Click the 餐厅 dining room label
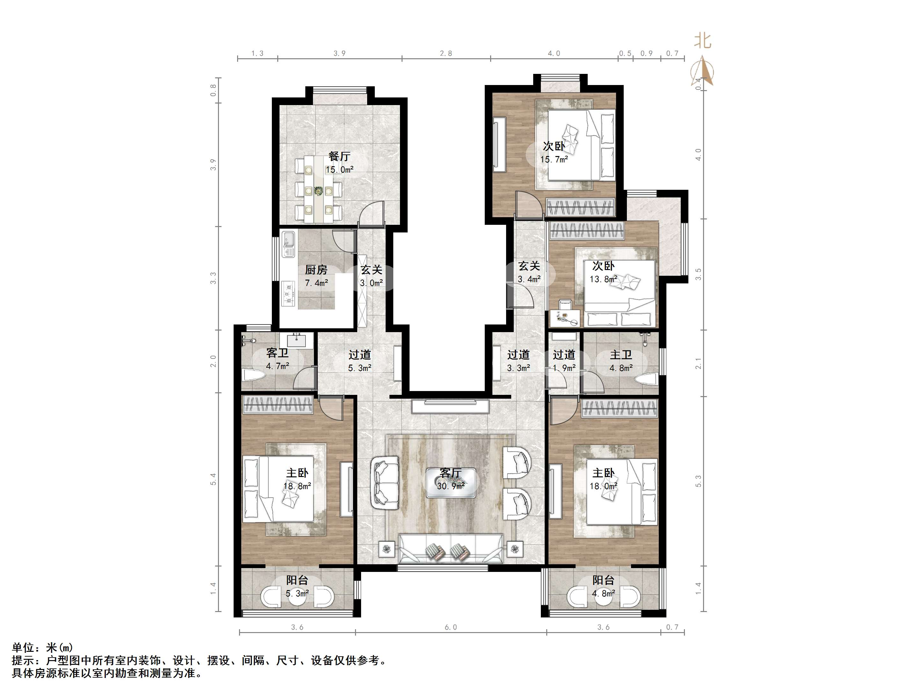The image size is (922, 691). tap(339, 156)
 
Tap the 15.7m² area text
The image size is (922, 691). tap(554, 160)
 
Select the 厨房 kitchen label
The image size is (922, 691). tap(316, 270)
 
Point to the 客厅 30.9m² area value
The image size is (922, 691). tap(451, 486)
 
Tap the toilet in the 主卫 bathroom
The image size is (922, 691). tap(647, 380)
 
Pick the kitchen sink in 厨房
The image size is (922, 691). tap(288, 244)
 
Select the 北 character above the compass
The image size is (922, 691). tap(703, 41)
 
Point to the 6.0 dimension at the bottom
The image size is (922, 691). tap(451, 627)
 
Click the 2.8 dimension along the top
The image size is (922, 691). tap(446, 53)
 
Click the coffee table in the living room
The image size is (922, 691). tap(451, 483)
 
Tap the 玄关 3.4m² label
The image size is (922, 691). tap(529, 272)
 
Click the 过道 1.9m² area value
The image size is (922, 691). tap(564, 368)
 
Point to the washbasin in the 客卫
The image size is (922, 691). tap(297, 340)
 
